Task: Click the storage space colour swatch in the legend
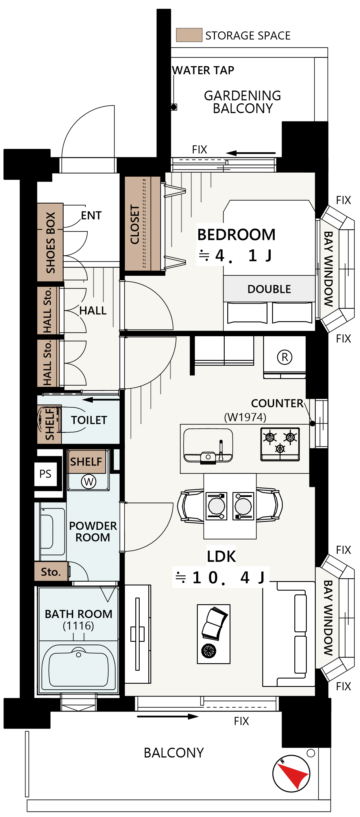pyautogui.click(x=189, y=35)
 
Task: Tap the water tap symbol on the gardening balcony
pyautogui.click(x=174, y=107)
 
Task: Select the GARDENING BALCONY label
pyautogui.click(x=243, y=102)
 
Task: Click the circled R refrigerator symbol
pyautogui.click(x=285, y=357)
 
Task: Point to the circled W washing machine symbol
pyautogui.click(x=88, y=482)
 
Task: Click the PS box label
pyautogui.click(x=45, y=474)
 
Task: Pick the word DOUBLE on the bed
pyautogui.click(x=269, y=289)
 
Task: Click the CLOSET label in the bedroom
pyautogui.click(x=135, y=225)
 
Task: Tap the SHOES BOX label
pyautogui.click(x=50, y=243)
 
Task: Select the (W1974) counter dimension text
pyautogui.click(x=245, y=417)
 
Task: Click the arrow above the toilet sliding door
pyautogui.click(x=101, y=400)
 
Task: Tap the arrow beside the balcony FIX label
pyautogui.click(x=168, y=716)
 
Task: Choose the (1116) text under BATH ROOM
pyautogui.click(x=78, y=625)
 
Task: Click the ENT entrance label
pyautogui.click(x=91, y=215)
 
